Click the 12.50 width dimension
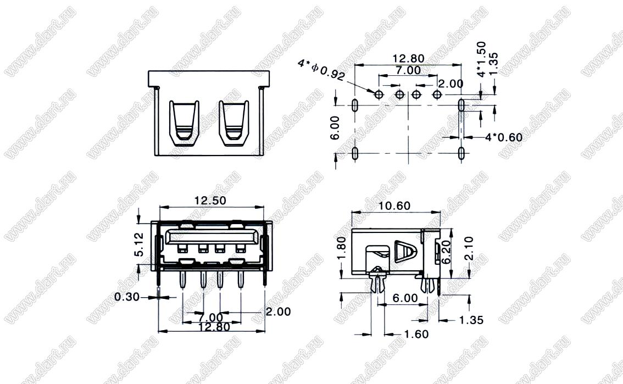(x=210, y=200)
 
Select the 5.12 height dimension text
(x=138, y=244)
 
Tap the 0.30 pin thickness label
(x=127, y=297)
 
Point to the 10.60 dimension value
(x=394, y=205)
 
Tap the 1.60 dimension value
(x=416, y=334)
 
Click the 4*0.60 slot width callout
(x=504, y=137)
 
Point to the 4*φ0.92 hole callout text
(x=321, y=70)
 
